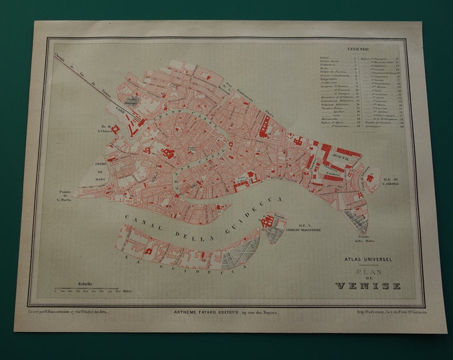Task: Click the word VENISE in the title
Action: click(368, 286)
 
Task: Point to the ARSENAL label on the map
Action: click(328, 151)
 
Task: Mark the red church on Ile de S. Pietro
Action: click(368, 177)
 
